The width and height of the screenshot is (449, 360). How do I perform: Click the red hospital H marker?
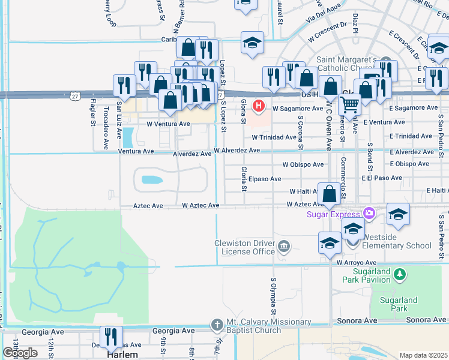259,107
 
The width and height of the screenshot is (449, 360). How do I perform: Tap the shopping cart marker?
349,105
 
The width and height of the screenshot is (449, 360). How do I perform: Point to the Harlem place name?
123,354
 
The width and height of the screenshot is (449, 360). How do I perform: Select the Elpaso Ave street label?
265,179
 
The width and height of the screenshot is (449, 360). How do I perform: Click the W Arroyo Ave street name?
356,263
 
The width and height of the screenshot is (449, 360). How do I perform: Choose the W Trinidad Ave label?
274,137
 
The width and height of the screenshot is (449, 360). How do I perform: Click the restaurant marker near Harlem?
110,338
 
